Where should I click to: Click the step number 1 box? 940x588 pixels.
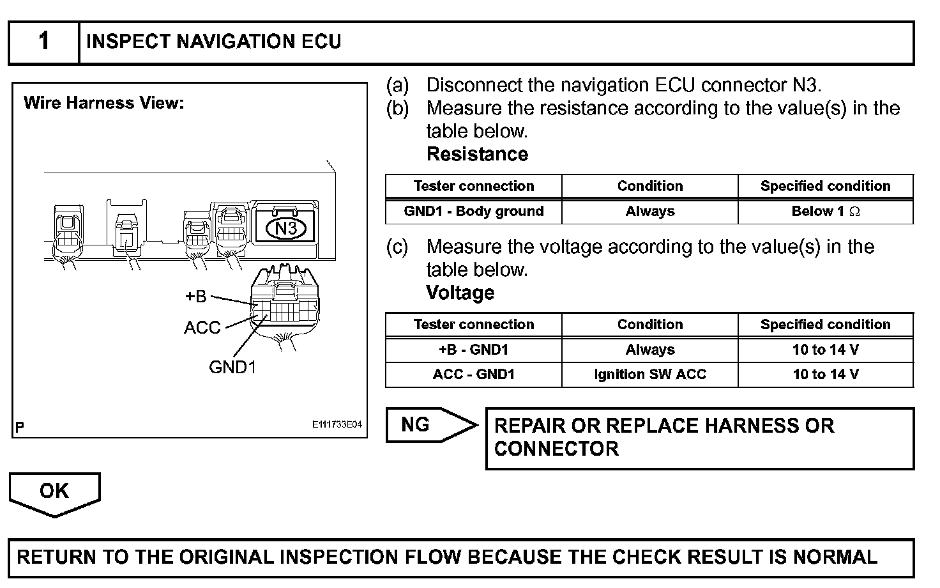(x=43, y=42)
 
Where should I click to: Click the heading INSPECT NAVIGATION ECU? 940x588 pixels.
(x=213, y=42)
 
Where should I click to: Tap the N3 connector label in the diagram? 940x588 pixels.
(x=286, y=228)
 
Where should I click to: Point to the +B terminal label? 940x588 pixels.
(x=196, y=297)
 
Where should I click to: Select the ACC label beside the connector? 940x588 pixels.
(x=202, y=328)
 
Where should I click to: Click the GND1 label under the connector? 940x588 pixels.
(x=232, y=367)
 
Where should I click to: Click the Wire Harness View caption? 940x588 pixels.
(x=103, y=103)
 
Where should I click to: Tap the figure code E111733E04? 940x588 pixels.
(x=337, y=424)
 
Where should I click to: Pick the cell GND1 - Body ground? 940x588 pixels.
(x=473, y=212)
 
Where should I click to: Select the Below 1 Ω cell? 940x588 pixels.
(x=825, y=212)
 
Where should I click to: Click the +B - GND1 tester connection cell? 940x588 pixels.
(x=473, y=350)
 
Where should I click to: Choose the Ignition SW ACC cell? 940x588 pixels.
(x=649, y=375)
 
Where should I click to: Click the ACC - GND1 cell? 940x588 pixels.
(x=473, y=375)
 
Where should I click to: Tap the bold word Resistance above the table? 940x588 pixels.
(x=477, y=155)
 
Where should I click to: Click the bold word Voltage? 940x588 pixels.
(x=460, y=293)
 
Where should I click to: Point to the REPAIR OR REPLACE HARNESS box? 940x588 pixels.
(x=699, y=438)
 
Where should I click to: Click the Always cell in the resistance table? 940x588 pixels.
(x=649, y=212)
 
